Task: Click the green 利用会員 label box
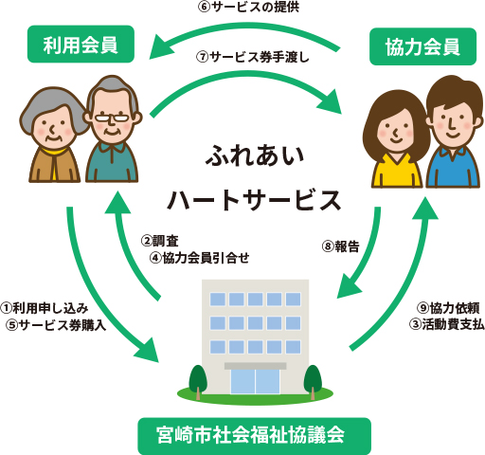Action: pyautogui.click(x=81, y=44)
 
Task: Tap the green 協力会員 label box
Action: pyautogui.click(x=422, y=46)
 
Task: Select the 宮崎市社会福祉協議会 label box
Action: pyautogui.click(x=254, y=436)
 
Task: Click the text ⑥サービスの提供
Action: pyautogui.click(x=248, y=7)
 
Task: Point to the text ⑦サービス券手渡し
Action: pyautogui.click(x=253, y=57)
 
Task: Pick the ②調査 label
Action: pyautogui.click(x=159, y=241)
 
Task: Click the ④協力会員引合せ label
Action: pyautogui.click(x=200, y=258)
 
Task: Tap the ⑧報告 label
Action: pyautogui.click(x=341, y=246)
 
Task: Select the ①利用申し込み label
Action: pyautogui.click(x=45, y=308)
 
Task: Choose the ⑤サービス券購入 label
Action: pyautogui.click(x=56, y=325)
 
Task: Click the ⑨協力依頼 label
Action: pyautogui.click(x=448, y=308)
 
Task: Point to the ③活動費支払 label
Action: pyautogui.click(x=447, y=324)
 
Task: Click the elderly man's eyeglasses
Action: pyautogui.click(x=112, y=118)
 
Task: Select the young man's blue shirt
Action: pyautogui.click(x=453, y=168)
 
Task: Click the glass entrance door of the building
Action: pyautogui.click(x=255, y=381)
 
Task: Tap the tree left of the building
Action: pyautogui.click(x=198, y=382)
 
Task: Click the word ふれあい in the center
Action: pyautogui.click(x=255, y=155)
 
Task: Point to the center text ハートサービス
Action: pyautogui.click(x=254, y=200)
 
